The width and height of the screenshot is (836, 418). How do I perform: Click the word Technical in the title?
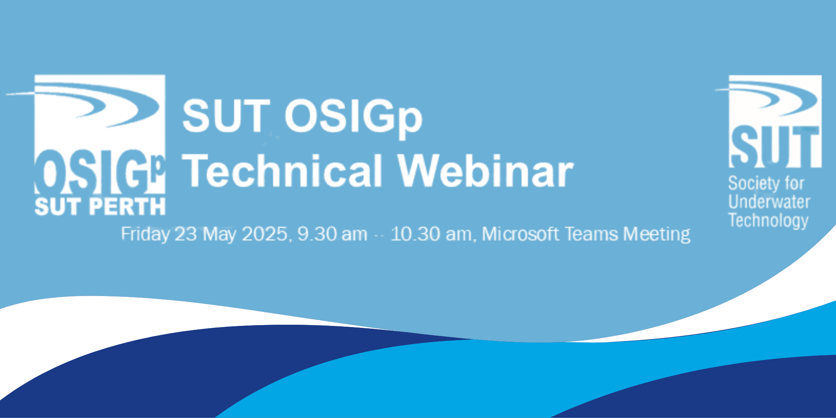click(283, 170)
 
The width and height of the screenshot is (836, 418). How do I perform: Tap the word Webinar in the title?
click(486, 170)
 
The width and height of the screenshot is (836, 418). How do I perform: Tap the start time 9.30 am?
click(332, 234)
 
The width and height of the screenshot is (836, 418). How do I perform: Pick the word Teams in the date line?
click(591, 234)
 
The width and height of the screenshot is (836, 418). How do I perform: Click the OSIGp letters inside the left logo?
click(100, 173)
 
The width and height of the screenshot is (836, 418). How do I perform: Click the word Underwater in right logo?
click(769, 202)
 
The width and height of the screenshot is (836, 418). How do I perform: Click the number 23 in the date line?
click(186, 234)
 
